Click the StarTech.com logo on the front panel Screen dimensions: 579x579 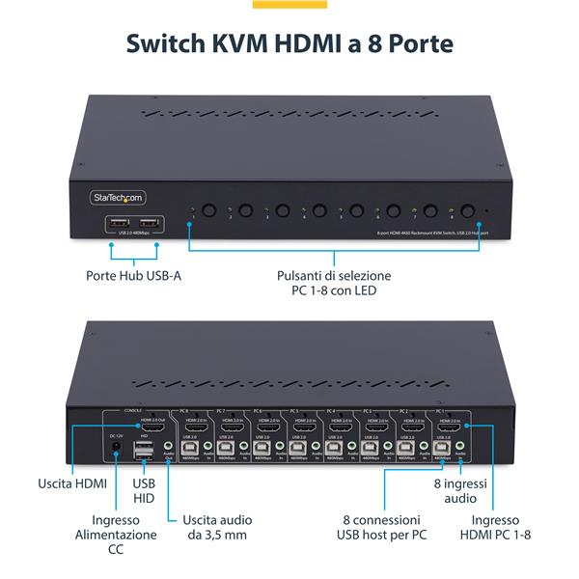click(118, 197)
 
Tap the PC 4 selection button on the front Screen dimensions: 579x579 click(319, 210)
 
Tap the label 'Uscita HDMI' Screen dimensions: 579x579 click(73, 483)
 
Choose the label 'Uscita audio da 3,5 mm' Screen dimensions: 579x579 click(219, 526)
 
